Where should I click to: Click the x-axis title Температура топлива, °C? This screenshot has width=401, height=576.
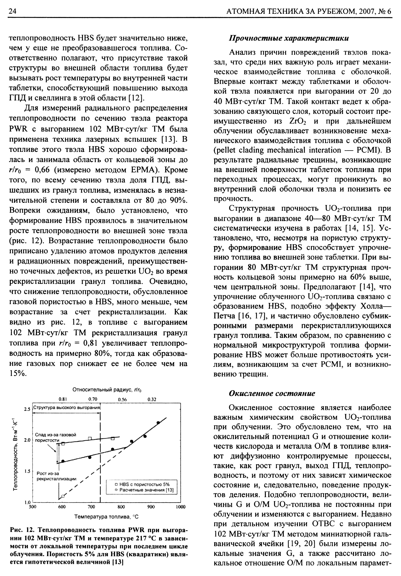[106, 517]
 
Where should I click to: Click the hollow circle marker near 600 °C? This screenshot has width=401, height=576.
[63, 496]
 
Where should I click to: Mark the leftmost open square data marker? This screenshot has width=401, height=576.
[63, 444]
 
